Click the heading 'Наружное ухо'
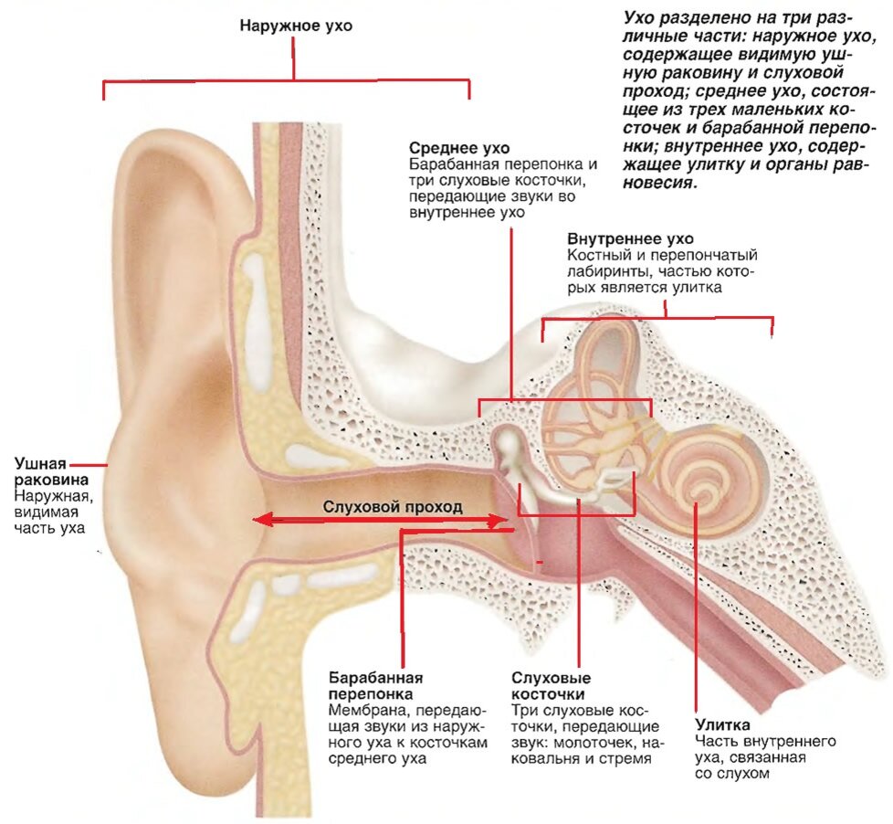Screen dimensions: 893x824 click(x=296, y=26)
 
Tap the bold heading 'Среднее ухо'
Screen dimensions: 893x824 click(x=459, y=148)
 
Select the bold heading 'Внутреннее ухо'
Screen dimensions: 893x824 click(x=630, y=238)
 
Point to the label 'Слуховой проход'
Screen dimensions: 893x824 click(x=393, y=507)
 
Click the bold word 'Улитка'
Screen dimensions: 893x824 click(x=722, y=724)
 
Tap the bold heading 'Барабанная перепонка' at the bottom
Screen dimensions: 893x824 click(x=376, y=686)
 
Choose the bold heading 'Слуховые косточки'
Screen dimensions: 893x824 click(x=551, y=686)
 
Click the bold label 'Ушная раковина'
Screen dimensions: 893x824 click(x=51, y=471)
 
